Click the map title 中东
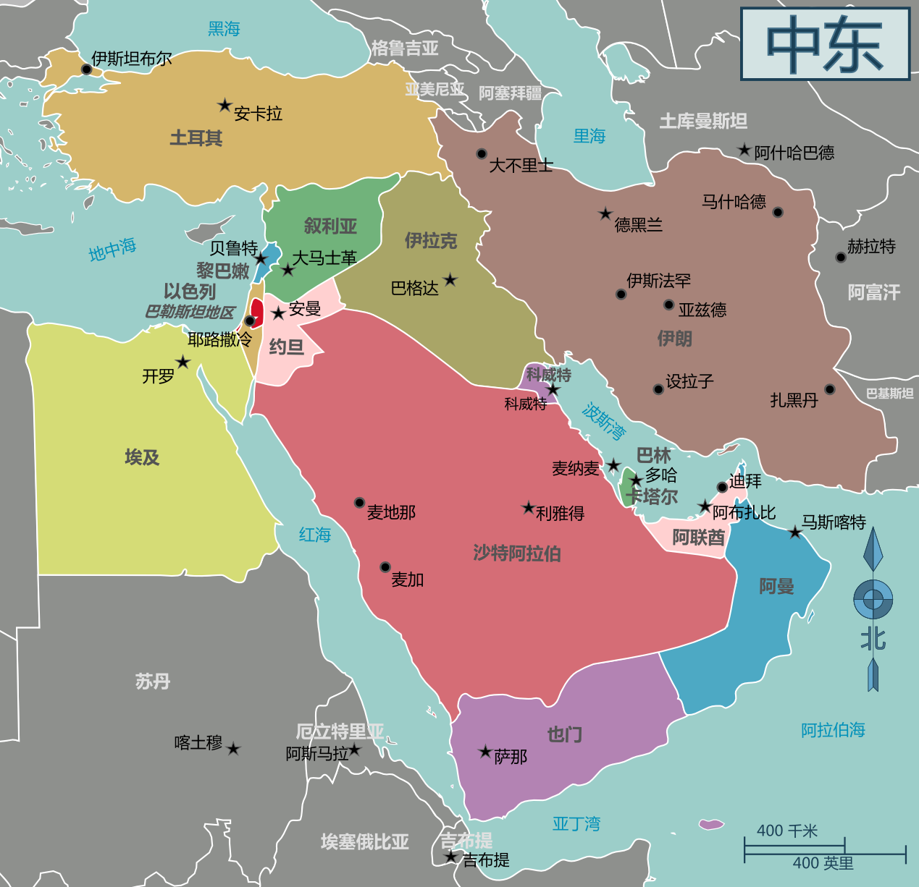click(825, 44)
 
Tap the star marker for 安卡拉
click(224, 106)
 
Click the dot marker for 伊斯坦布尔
click(86, 69)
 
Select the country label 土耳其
click(196, 138)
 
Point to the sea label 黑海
click(224, 29)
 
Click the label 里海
click(589, 136)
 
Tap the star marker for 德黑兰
click(605, 213)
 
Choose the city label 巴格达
click(414, 289)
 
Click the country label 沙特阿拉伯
click(517, 553)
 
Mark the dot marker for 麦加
click(385, 567)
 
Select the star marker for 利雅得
click(529, 508)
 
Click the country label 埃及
click(142, 457)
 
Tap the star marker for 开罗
click(183, 362)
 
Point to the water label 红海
click(315, 535)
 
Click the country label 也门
click(564, 734)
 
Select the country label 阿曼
click(776, 586)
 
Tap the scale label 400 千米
click(786, 831)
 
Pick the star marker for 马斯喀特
click(795, 532)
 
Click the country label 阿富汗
click(873, 292)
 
